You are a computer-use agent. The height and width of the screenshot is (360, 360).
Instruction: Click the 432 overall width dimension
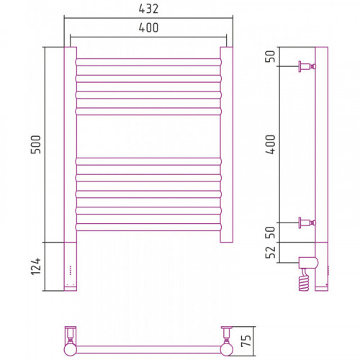tap(148, 9)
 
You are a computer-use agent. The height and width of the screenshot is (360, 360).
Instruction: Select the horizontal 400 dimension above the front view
tap(148, 28)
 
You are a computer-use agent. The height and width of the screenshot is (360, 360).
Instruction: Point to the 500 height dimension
tap(36, 145)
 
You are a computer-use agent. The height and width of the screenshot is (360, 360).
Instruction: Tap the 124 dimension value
tap(36, 266)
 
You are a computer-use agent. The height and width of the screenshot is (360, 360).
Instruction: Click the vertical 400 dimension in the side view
tap(271, 145)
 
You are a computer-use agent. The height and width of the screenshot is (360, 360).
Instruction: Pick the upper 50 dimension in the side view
tap(271, 56)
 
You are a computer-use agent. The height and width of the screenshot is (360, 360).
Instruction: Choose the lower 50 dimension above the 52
tap(271, 233)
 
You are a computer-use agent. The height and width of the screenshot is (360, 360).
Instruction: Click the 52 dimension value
tap(271, 252)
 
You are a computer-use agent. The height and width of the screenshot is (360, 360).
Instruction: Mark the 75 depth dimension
tap(246, 341)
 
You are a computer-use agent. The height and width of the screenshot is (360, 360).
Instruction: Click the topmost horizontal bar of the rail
tap(148, 62)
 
